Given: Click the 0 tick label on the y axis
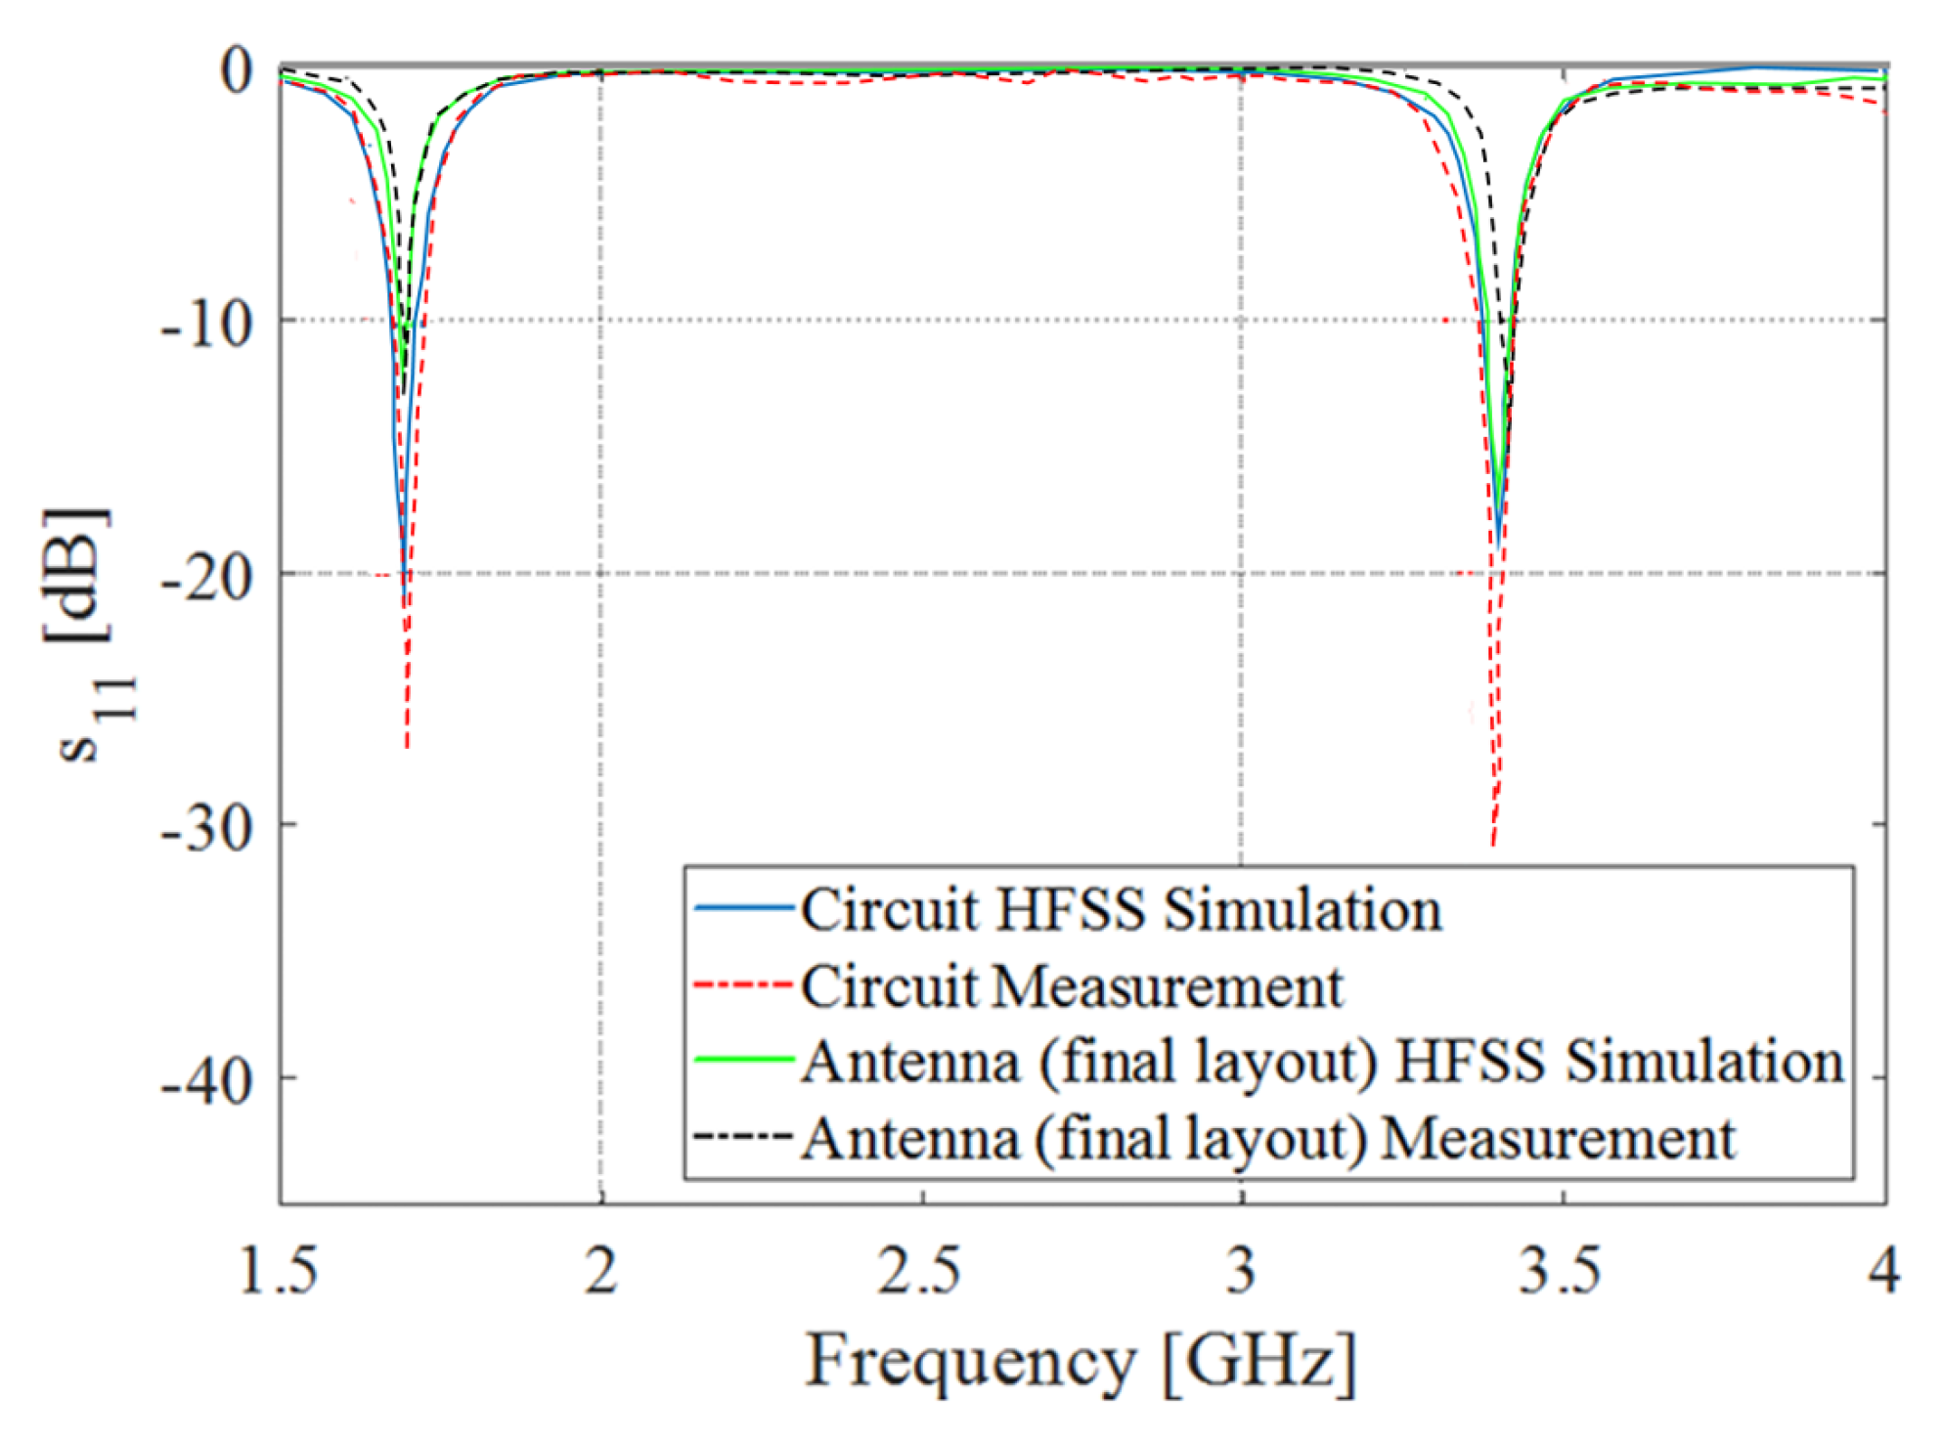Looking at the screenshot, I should coord(236,70).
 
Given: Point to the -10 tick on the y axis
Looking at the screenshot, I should coord(206,324).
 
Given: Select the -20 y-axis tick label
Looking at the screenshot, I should coord(206,577).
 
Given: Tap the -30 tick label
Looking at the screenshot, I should coord(206,828).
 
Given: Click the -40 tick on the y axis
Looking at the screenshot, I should coord(206,1081).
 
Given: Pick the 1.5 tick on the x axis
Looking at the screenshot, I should coord(279,1270).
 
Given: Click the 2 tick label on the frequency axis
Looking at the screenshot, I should coord(601,1270).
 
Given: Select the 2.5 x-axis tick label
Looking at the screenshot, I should coord(919,1270).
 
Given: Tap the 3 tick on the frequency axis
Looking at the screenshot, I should coord(1241,1270).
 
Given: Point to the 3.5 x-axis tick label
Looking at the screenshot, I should coord(1561,1270).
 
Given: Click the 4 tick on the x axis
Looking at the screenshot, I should coord(1883,1270).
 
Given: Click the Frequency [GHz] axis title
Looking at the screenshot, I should coord(1081,1361).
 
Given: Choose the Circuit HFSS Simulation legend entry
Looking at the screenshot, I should coord(1121,910).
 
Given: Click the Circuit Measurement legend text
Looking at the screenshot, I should coord(1072,986).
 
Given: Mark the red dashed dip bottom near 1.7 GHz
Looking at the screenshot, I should coord(407,747).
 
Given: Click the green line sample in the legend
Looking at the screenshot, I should coord(743,1060).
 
